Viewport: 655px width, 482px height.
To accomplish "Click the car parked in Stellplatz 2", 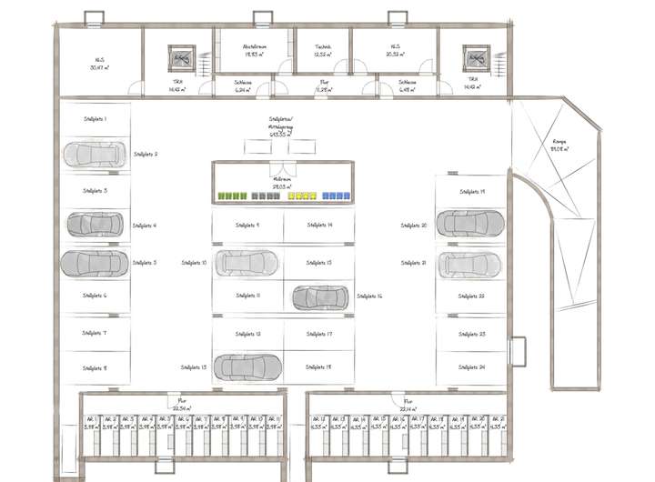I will [x=95, y=155].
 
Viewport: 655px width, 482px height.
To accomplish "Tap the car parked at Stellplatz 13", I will [x=247, y=367].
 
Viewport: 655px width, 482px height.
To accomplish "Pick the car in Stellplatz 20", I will [x=469, y=222].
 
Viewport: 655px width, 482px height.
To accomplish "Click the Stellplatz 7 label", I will [x=94, y=333].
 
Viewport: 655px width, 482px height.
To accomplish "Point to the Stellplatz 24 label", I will [x=470, y=367].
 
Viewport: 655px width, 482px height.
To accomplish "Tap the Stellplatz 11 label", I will [x=247, y=296].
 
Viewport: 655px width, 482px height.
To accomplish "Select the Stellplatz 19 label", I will [x=470, y=192].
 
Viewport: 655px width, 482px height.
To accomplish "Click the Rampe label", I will [x=559, y=142].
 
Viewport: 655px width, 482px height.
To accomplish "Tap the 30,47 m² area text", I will [x=97, y=67].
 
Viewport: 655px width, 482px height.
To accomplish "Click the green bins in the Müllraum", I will [x=233, y=196].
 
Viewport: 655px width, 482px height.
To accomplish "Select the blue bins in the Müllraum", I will [x=335, y=196].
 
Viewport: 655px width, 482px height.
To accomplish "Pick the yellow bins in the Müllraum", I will [x=302, y=196].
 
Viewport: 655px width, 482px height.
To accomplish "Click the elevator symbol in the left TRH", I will [x=178, y=57].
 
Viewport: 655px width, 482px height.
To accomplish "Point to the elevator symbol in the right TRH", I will [x=475, y=57].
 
